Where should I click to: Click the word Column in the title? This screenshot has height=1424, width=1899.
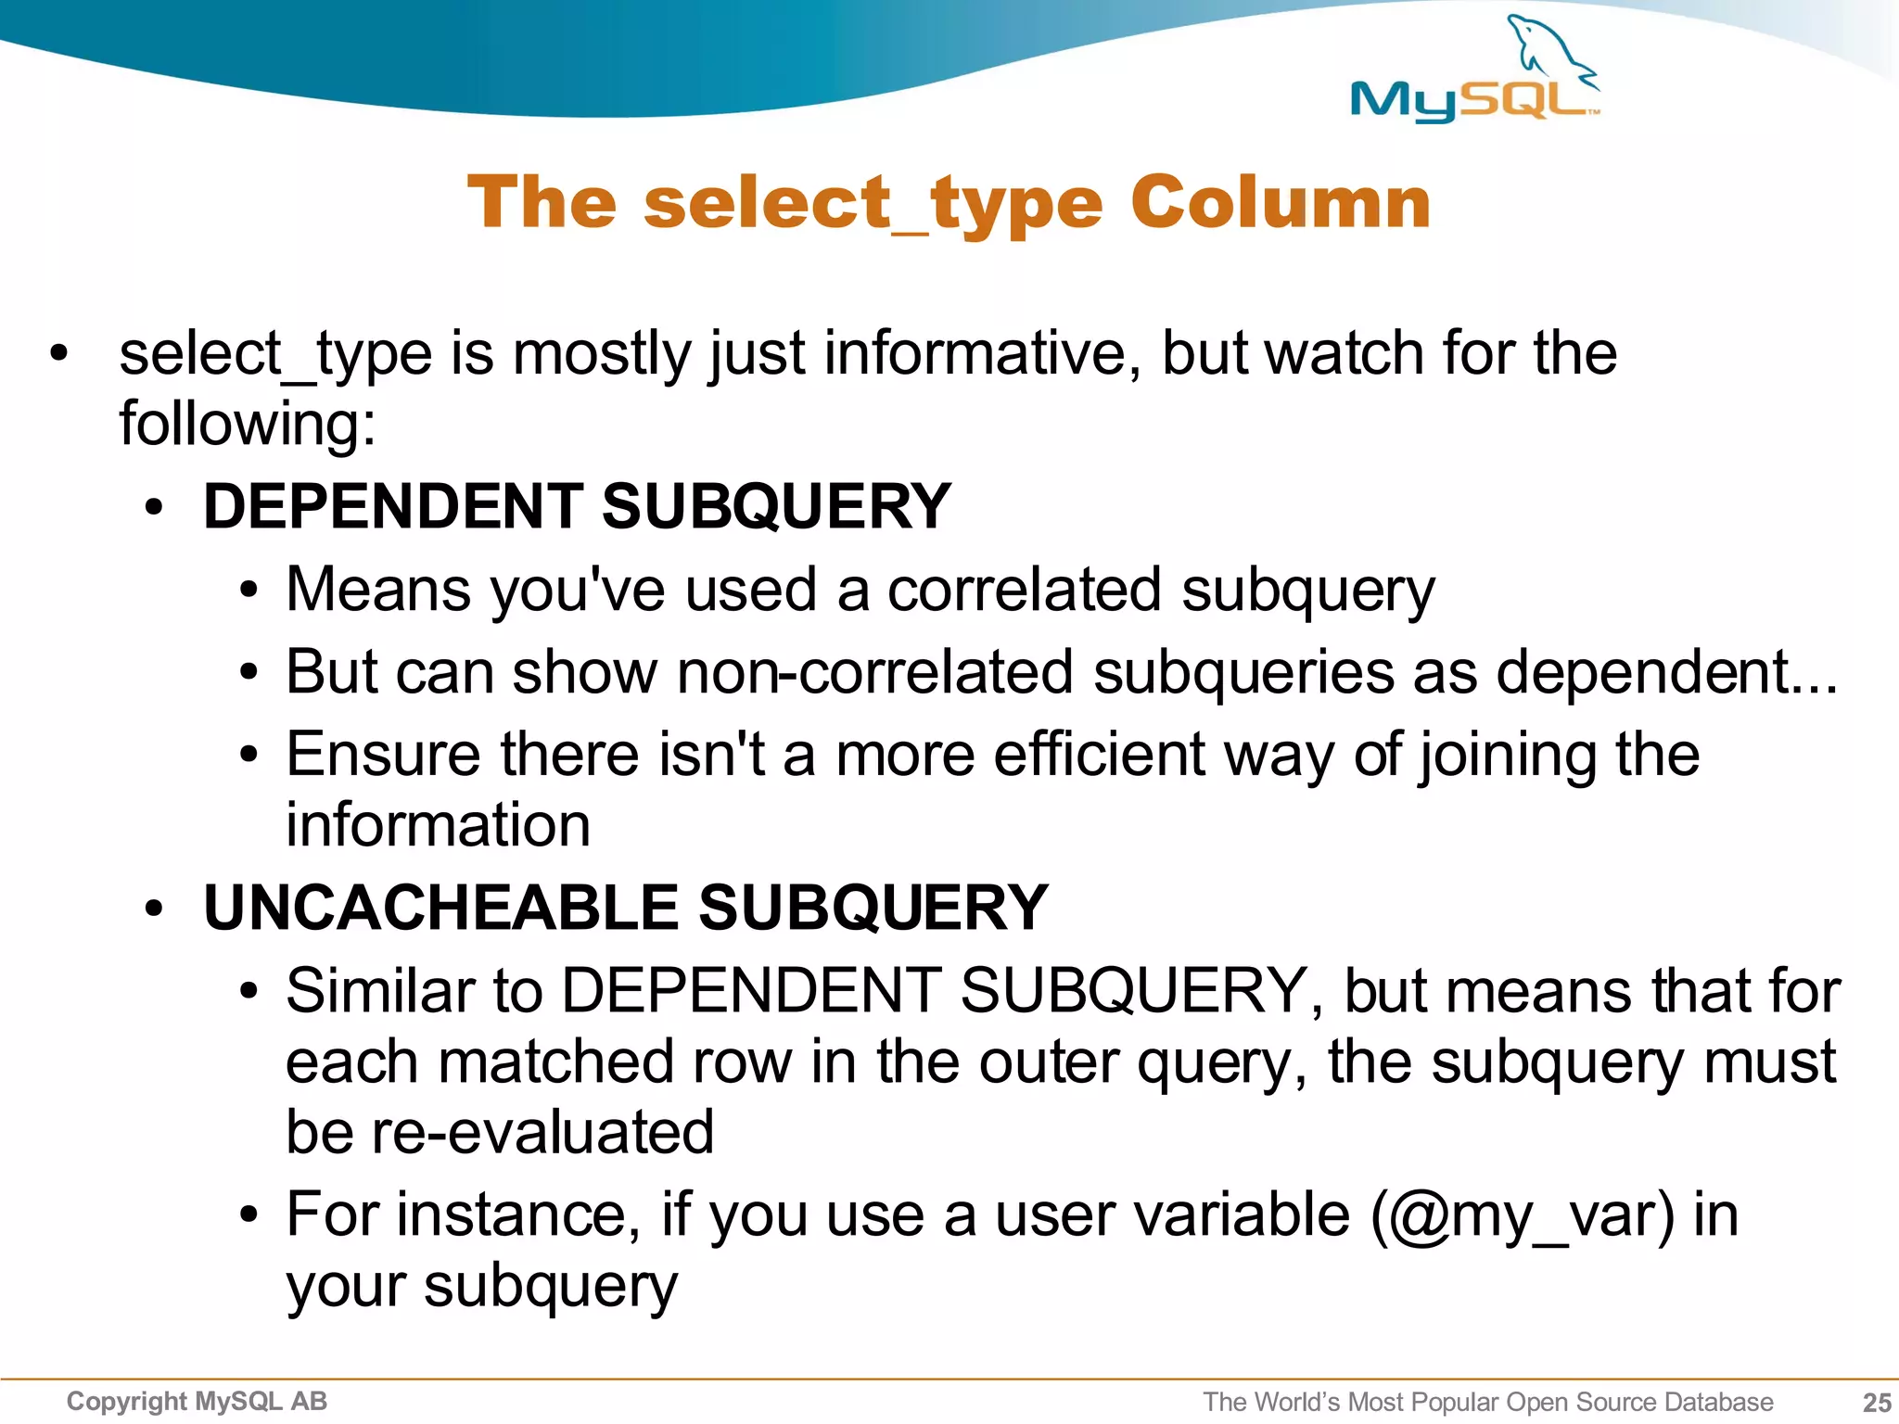[1281, 203]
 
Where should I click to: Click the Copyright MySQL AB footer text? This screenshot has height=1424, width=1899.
[197, 1401]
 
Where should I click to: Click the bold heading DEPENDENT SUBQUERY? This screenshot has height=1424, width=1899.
[577, 507]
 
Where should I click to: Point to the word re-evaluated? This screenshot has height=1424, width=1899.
[542, 1132]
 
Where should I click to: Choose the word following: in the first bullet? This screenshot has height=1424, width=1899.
[248, 424]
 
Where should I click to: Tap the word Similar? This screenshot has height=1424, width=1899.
[379, 991]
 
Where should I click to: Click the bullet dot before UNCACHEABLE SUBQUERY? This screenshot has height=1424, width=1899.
[154, 909]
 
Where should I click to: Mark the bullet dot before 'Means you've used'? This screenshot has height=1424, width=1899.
[248, 591]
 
